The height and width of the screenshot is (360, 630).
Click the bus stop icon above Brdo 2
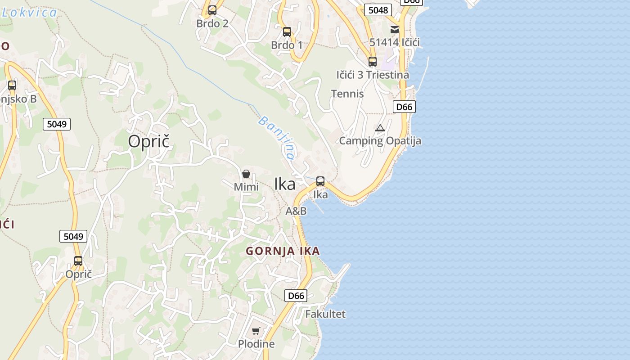coord(212,10)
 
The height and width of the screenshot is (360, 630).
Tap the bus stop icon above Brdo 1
coord(287,32)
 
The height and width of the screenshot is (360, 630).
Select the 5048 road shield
coord(378,10)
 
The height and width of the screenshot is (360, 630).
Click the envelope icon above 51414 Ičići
coord(395,30)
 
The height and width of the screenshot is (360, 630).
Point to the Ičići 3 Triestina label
coord(373,75)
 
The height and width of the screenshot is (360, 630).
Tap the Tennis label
coord(347,94)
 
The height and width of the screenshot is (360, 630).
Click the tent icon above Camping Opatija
coord(380,128)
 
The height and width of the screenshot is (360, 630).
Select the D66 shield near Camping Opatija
coord(404,107)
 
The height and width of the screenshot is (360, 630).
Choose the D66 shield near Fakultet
coord(296,296)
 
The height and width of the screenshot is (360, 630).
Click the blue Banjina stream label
coord(277,138)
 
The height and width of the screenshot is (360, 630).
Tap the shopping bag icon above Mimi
coord(246,174)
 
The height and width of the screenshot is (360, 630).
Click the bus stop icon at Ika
coord(320,181)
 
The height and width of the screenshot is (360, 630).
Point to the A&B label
coord(296,211)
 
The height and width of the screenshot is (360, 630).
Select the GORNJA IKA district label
coord(283,251)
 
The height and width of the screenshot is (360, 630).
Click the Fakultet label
coord(325,314)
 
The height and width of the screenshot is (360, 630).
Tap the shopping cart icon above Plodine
coord(256,331)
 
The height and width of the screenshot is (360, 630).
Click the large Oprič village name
coord(148,141)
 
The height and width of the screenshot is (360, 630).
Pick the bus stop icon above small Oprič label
coord(78,261)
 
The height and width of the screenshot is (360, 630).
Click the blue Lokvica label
coord(30,12)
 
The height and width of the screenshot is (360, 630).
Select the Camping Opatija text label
coord(380,141)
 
